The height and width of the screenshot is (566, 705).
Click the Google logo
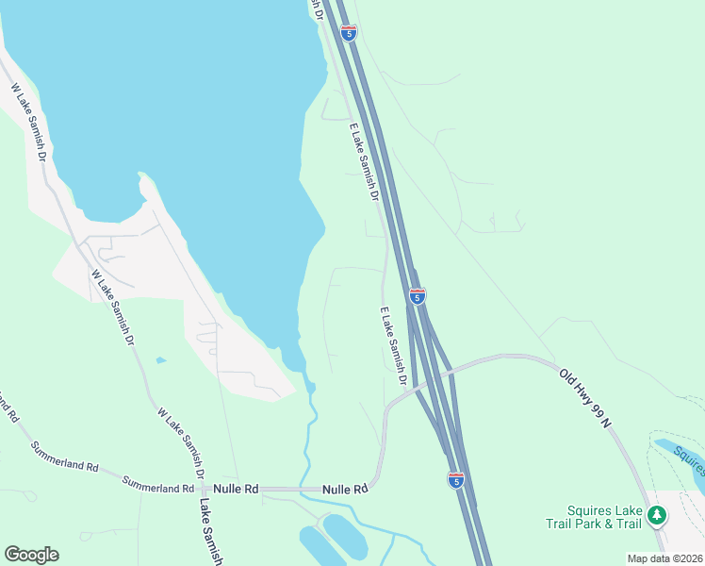tap(31, 555)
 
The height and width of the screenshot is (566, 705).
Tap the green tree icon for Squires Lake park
tap(656, 515)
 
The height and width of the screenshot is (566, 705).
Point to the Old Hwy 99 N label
tap(584, 399)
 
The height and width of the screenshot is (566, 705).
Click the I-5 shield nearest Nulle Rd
tap(455, 480)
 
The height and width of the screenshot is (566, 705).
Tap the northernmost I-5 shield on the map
tap(349, 33)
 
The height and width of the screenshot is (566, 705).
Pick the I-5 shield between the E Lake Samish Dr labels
tap(417, 296)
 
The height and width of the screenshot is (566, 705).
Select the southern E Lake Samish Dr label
tap(393, 345)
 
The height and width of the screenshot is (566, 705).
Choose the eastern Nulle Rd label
tap(344, 490)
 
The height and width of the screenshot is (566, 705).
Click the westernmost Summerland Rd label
tap(64, 457)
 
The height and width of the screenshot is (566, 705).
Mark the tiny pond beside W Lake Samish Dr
tap(161, 360)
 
